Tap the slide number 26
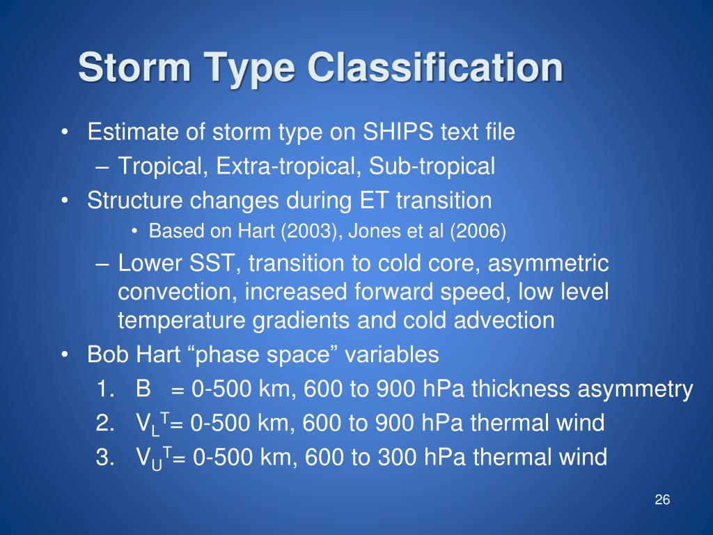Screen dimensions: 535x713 coord(661,500)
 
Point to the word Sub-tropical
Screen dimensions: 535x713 coord(432,166)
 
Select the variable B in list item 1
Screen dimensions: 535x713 coord(143,389)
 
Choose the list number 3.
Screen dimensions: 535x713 coord(103,457)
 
